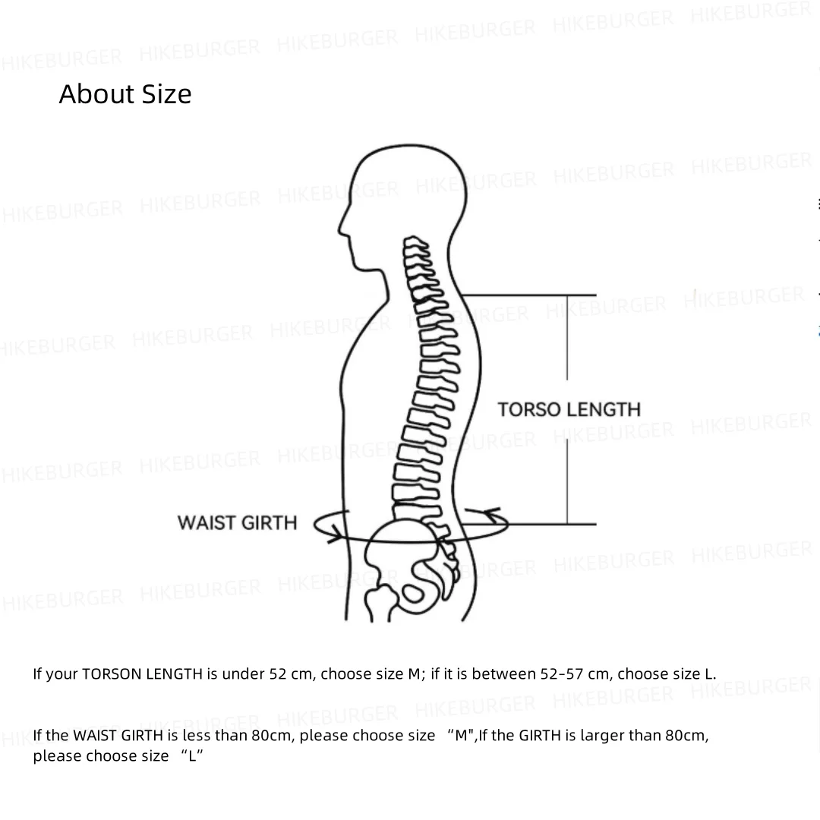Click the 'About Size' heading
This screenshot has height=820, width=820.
(x=125, y=95)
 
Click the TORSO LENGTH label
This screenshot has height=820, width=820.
(x=569, y=409)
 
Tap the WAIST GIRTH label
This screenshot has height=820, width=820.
(x=237, y=522)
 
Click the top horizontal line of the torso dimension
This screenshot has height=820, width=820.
(x=528, y=295)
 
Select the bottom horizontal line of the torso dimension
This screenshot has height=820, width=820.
(x=528, y=523)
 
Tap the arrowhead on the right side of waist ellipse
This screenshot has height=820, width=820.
(x=490, y=515)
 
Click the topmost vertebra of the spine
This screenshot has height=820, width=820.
(x=416, y=243)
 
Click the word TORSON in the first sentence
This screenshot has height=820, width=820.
(x=112, y=674)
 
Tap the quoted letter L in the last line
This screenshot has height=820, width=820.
(x=192, y=756)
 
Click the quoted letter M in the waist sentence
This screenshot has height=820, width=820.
(x=461, y=736)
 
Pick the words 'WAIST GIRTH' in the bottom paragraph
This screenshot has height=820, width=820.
(x=118, y=736)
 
